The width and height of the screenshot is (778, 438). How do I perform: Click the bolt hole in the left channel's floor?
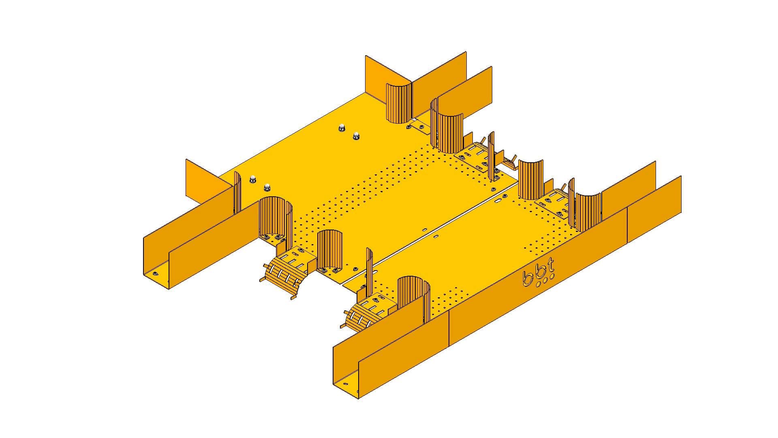155,273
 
